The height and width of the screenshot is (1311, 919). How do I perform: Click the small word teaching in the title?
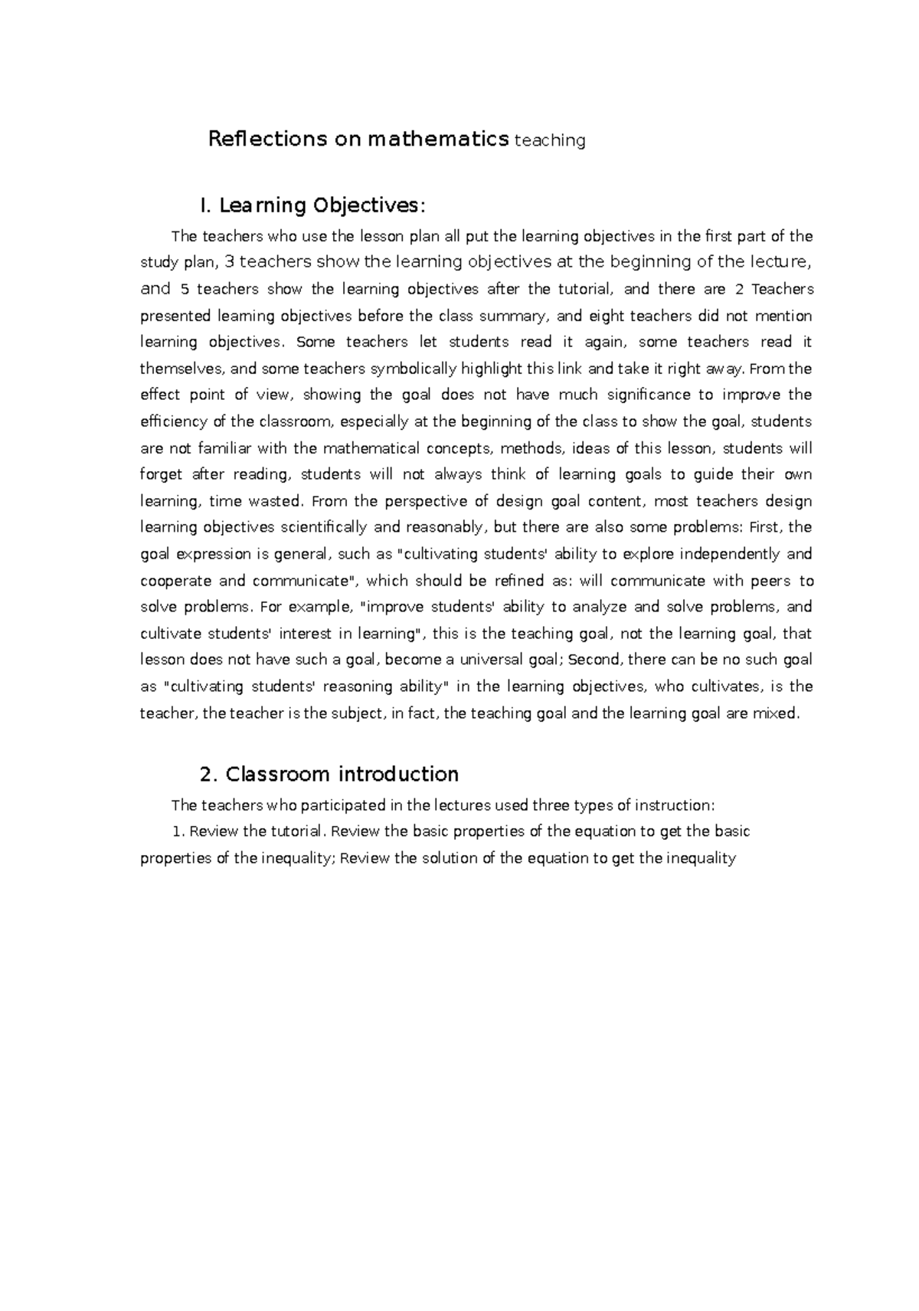(551, 141)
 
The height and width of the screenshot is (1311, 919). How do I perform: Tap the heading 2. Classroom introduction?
(329, 774)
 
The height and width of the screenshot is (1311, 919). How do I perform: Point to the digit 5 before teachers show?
(184, 289)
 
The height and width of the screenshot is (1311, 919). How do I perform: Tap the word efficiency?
(174, 421)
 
